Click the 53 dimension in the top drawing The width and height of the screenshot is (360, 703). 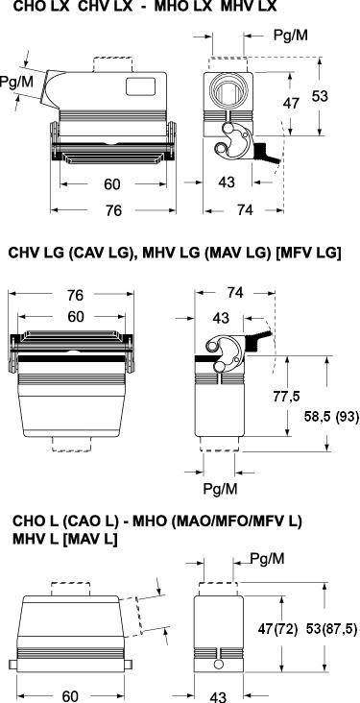pyautogui.click(x=320, y=96)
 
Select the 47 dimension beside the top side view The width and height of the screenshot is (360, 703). pyautogui.click(x=291, y=103)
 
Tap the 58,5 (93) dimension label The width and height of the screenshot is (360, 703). pyautogui.click(x=325, y=417)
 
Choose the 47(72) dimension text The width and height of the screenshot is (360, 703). pyautogui.click(x=277, y=629)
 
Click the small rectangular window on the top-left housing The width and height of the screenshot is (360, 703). pyautogui.click(x=140, y=86)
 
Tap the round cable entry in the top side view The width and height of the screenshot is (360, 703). pyautogui.click(x=228, y=92)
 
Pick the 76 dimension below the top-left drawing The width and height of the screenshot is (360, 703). pyautogui.click(x=113, y=210)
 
